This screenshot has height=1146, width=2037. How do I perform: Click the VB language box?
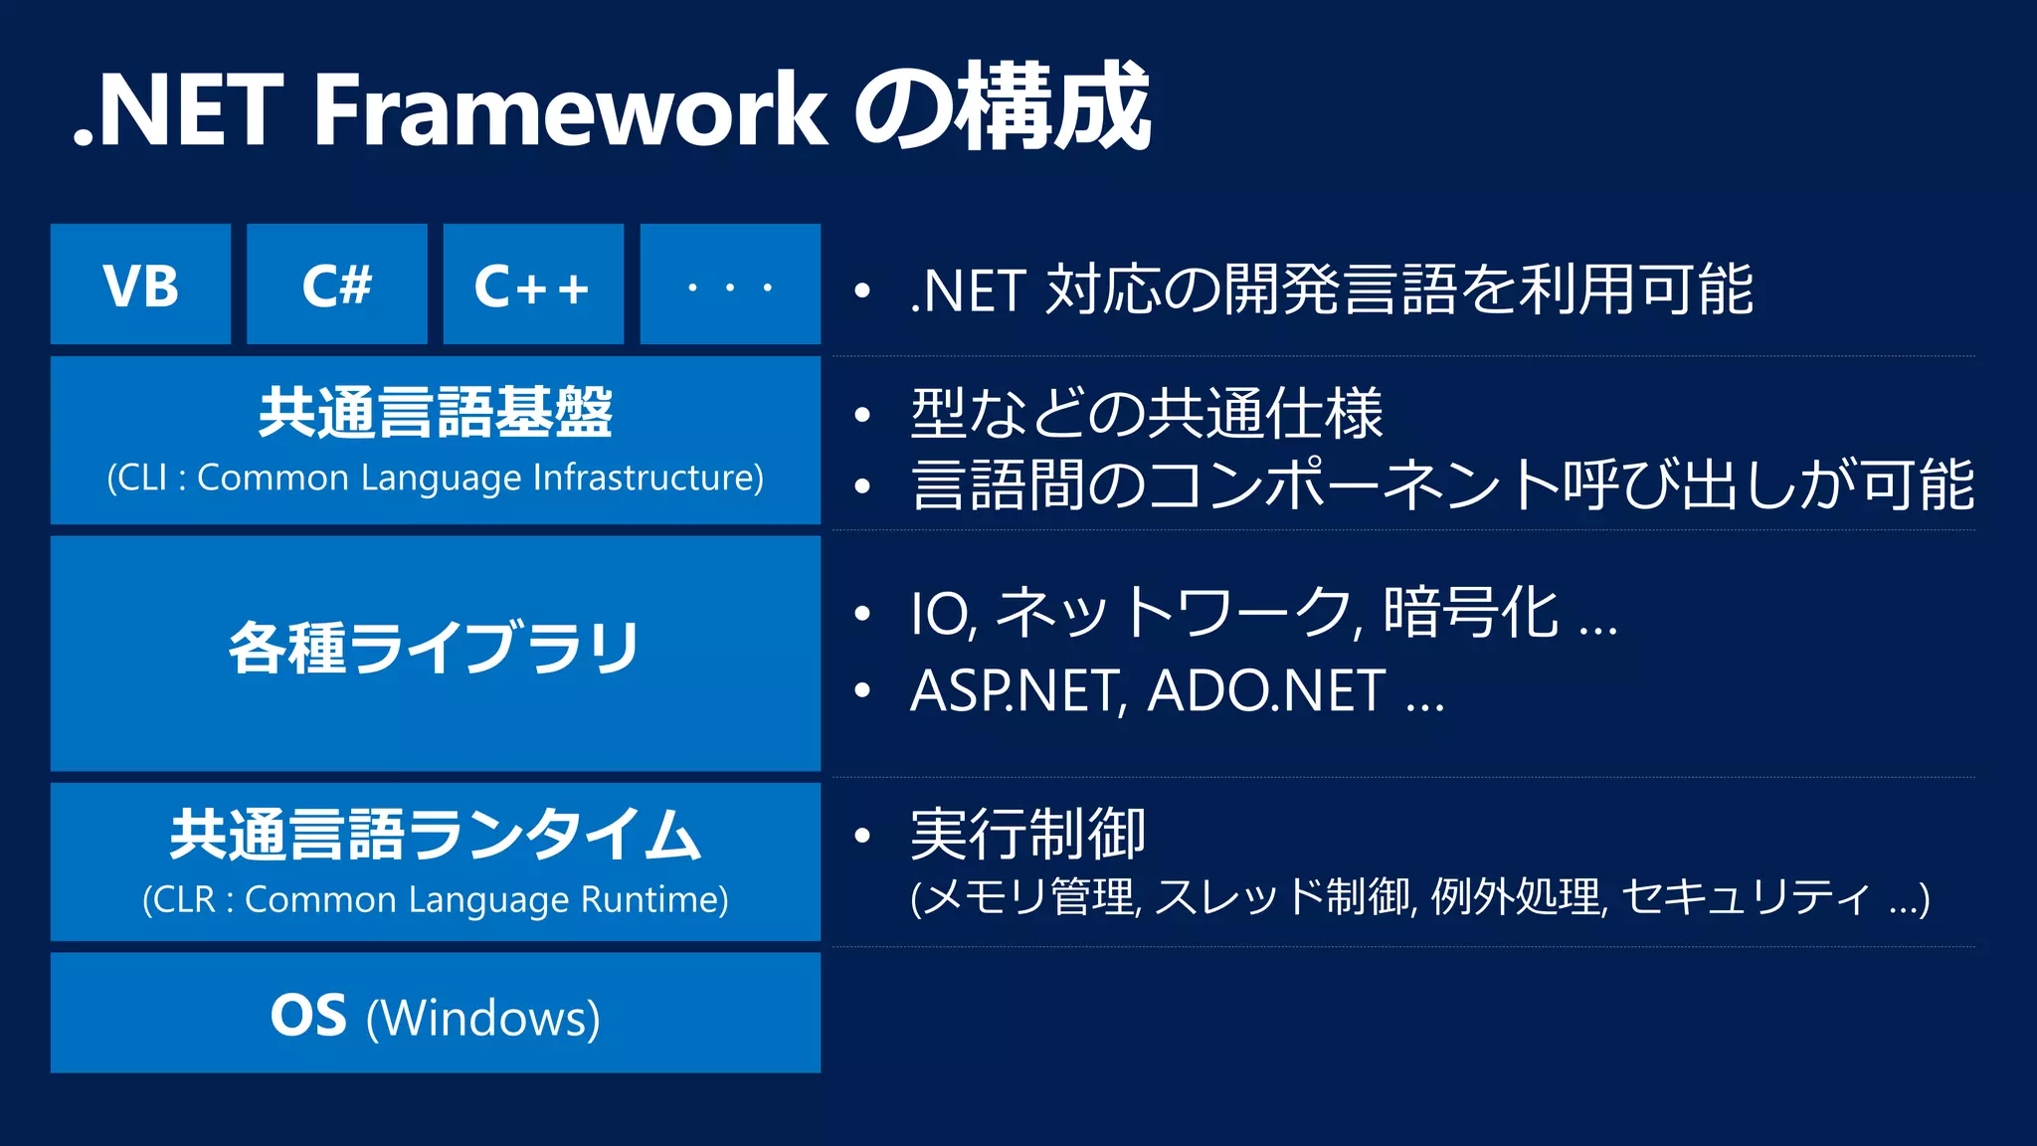[x=140, y=286]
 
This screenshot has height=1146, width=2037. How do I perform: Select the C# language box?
[x=336, y=286]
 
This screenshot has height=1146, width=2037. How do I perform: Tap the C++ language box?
[x=533, y=286]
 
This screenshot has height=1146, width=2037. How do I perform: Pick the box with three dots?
[x=730, y=286]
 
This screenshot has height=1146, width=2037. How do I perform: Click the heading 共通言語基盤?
[x=435, y=412]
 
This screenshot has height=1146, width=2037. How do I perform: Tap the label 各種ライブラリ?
[x=435, y=648]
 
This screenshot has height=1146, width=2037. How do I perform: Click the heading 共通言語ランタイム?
[x=435, y=834]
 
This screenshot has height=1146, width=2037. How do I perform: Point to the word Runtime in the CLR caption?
[x=653, y=899]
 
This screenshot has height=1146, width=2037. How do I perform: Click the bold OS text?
[x=308, y=1016]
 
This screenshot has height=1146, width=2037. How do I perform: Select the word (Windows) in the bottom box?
[x=483, y=1018]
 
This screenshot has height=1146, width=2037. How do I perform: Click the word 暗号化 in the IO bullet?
[x=1470, y=612]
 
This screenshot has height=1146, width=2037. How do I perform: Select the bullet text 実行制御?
[x=1027, y=834]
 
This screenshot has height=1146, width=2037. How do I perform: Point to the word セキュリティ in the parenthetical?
[x=1746, y=897]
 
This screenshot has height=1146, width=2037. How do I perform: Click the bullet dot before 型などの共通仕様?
[x=862, y=414]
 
